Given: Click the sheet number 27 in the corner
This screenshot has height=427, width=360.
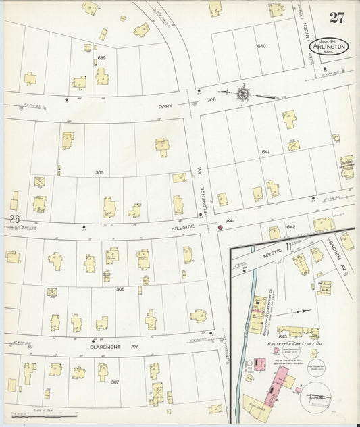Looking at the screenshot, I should click(x=335, y=18).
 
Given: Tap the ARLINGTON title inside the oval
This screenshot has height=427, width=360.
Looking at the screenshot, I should click(x=330, y=47).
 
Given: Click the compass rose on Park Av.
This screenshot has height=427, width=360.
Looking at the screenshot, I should click(x=242, y=95).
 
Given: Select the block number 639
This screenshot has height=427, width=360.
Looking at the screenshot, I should click(x=102, y=58).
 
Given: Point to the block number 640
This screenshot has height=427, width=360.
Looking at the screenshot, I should click(x=261, y=46).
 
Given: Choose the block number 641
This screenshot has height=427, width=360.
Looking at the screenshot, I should click(x=265, y=152).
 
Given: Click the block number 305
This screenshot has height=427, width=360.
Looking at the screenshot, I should click(x=99, y=172).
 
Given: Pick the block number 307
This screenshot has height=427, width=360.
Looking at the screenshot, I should click(x=115, y=382).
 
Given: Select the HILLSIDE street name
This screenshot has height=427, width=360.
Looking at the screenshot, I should click(x=184, y=227).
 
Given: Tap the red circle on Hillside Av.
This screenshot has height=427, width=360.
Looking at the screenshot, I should click(x=220, y=228).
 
